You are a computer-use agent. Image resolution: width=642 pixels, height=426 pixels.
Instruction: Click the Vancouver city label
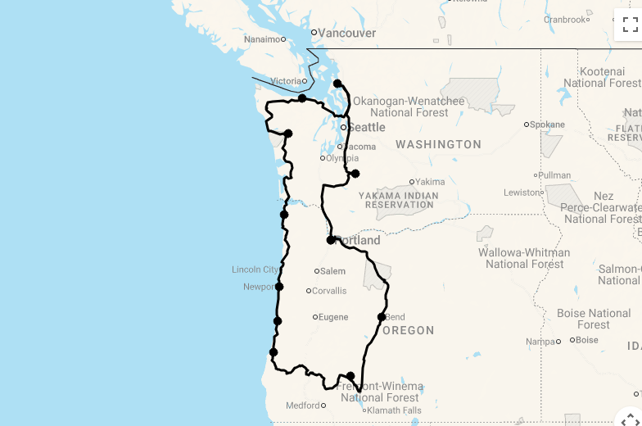click(346, 34)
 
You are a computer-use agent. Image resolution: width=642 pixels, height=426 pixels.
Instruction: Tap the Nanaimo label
click(262, 39)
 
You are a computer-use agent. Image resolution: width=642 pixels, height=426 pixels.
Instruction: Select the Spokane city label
click(547, 125)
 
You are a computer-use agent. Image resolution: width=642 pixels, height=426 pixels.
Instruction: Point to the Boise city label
click(586, 340)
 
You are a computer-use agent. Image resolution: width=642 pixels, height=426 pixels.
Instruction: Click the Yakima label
click(430, 182)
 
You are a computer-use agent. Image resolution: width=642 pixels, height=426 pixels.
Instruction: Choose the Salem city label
click(332, 271)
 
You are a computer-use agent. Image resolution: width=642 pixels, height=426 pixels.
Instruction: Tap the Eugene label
click(333, 317)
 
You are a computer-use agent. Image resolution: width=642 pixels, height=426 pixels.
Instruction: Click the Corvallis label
click(329, 291)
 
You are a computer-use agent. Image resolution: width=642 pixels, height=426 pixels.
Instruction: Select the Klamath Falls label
click(394, 410)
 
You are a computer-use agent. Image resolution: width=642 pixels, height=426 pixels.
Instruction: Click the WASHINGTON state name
click(438, 144)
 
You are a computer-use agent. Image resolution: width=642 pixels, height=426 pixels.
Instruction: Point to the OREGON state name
click(408, 330)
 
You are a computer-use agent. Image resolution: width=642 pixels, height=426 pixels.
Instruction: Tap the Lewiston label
click(522, 193)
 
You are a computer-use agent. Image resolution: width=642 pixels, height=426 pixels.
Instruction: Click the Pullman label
click(554, 175)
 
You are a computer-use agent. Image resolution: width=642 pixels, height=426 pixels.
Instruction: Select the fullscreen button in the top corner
click(630, 25)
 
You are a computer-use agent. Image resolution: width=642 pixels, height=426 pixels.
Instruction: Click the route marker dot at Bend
click(382, 317)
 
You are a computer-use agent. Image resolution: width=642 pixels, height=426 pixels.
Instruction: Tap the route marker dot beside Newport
click(279, 287)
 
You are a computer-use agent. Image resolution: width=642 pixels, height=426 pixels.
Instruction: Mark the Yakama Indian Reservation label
click(398, 200)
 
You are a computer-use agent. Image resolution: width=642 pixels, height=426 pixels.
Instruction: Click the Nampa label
click(540, 342)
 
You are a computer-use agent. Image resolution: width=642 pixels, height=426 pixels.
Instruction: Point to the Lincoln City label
click(255, 270)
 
